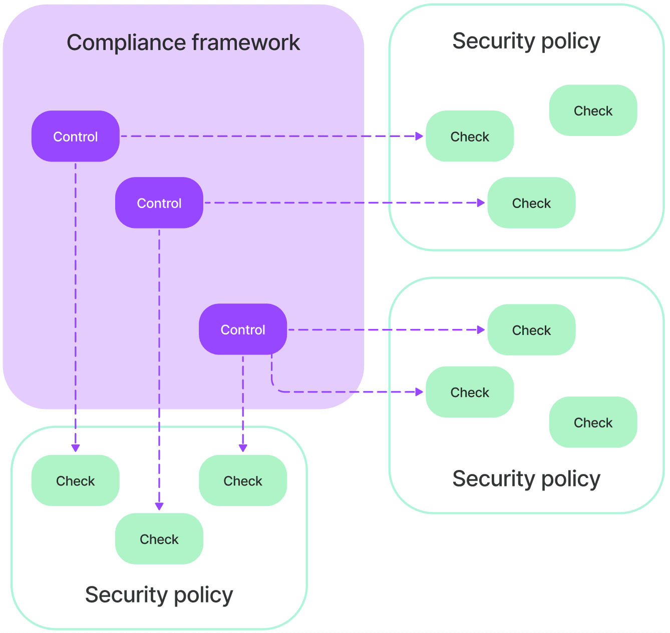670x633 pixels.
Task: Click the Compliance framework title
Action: [x=183, y=42]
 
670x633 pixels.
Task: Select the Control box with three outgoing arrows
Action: [x=243, y=329]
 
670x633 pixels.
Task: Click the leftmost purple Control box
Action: [x=76, y=136]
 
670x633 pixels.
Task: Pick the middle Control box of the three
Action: [x=159, y=203]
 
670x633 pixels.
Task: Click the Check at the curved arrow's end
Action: [x=469, y=392]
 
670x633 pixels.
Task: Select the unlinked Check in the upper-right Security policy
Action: [x=593, y=110]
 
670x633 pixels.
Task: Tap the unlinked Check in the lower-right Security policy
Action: [x=593, y=422]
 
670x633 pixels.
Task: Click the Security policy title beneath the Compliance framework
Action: [x=159, y=594]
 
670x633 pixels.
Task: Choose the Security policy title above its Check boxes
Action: [x=526, y=41]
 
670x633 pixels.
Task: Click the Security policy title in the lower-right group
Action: [x=526, y=478]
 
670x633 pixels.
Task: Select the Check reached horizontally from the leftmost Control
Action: [x=469, y=136]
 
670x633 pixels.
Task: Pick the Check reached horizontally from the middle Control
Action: [x=531, y=203]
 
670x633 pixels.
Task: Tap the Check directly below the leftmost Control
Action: [x=76, y=480]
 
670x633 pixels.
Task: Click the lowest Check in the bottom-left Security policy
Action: [x=159, y=539]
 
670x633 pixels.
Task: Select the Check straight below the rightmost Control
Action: [x=243, y=480]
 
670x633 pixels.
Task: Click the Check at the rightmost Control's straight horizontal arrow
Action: [x=531, y=330]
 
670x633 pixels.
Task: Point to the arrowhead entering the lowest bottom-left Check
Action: [x=159, y=506]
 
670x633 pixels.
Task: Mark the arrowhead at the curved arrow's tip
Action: [x=420, y=392]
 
